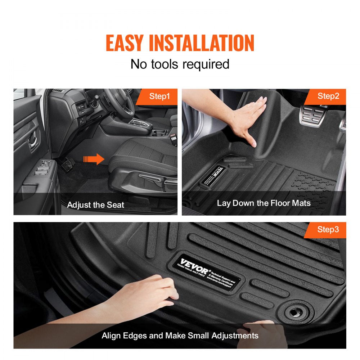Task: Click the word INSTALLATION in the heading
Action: [x=202, y=43]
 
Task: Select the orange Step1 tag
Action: [x=159, y=96]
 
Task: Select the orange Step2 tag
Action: [x=328, y=96]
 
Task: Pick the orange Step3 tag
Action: [x=328, y=229]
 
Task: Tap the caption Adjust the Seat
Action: [x=95, y=205]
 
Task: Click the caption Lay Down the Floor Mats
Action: [x=264, y=203]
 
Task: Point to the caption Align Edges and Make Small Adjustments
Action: [x=180, y=336]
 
